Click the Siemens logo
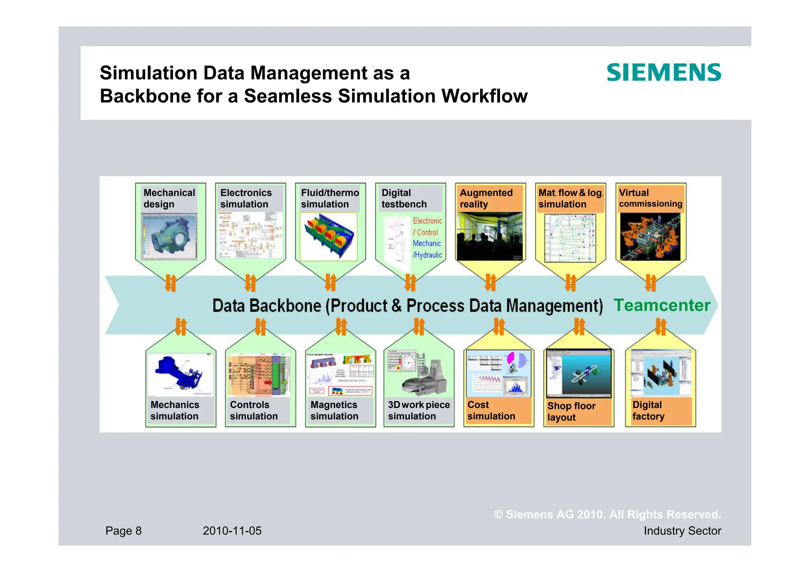point(664,73)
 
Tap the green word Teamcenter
point(662,305)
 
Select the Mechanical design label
point(169,198)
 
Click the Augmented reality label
point(486,198)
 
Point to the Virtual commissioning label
point(650,198)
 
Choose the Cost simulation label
point(491,410)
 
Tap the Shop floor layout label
point(571,412)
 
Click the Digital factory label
point(648,410)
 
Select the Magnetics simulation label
point(334,410)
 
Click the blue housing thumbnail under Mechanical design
point(169,237)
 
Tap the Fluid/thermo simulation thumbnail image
point(328,236)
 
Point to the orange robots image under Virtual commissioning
point(650,237)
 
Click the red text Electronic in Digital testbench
point(427,221)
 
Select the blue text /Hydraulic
point(427,255)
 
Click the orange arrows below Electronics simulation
point(250,283)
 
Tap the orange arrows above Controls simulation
point(261,327)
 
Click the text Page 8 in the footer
point(123,530)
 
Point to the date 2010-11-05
point(232,530)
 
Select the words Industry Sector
point(682,530)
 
